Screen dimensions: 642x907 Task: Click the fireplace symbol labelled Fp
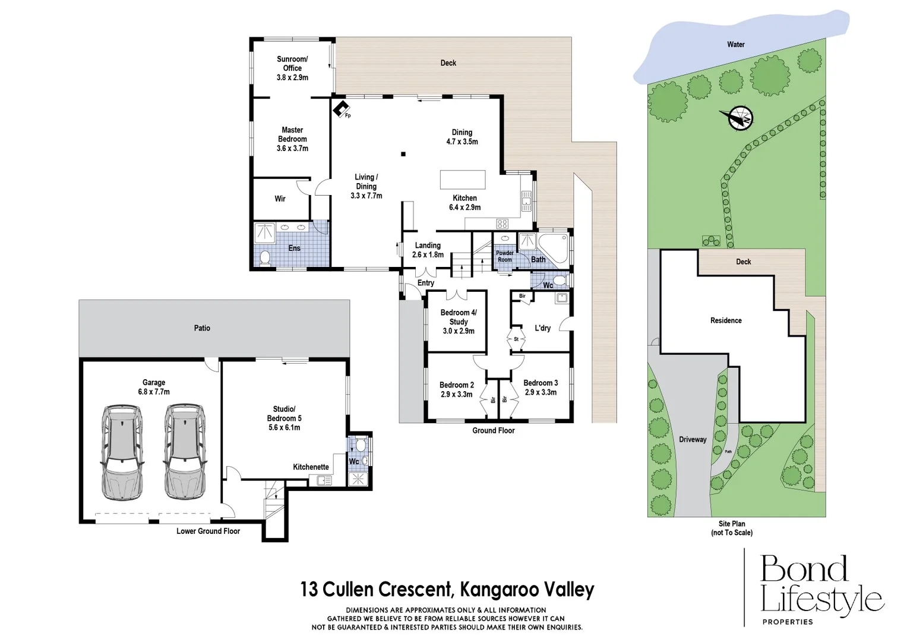click(341, 109)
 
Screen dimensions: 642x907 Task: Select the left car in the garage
click(122, 452)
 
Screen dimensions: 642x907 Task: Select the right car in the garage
click(185, 452)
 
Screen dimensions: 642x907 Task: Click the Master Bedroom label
click(292, 139)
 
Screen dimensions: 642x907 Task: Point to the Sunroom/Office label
click(292, 68)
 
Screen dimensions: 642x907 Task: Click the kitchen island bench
click(462, 180)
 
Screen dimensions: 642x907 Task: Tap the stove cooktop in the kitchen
click(503, 224)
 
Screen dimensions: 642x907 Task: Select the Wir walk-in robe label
click(280, 199)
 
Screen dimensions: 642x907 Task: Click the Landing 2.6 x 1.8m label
click(428, 250)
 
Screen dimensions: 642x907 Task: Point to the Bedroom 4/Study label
click(458, 322)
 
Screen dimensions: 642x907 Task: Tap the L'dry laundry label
click(542, 328)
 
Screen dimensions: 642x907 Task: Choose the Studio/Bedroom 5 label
click(284, 418)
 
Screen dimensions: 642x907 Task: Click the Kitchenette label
click(311, 467)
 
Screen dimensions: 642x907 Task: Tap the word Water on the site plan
click(735, 45)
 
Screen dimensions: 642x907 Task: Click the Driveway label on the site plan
click(693, 440)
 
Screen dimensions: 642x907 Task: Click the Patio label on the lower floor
click(202, 328)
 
